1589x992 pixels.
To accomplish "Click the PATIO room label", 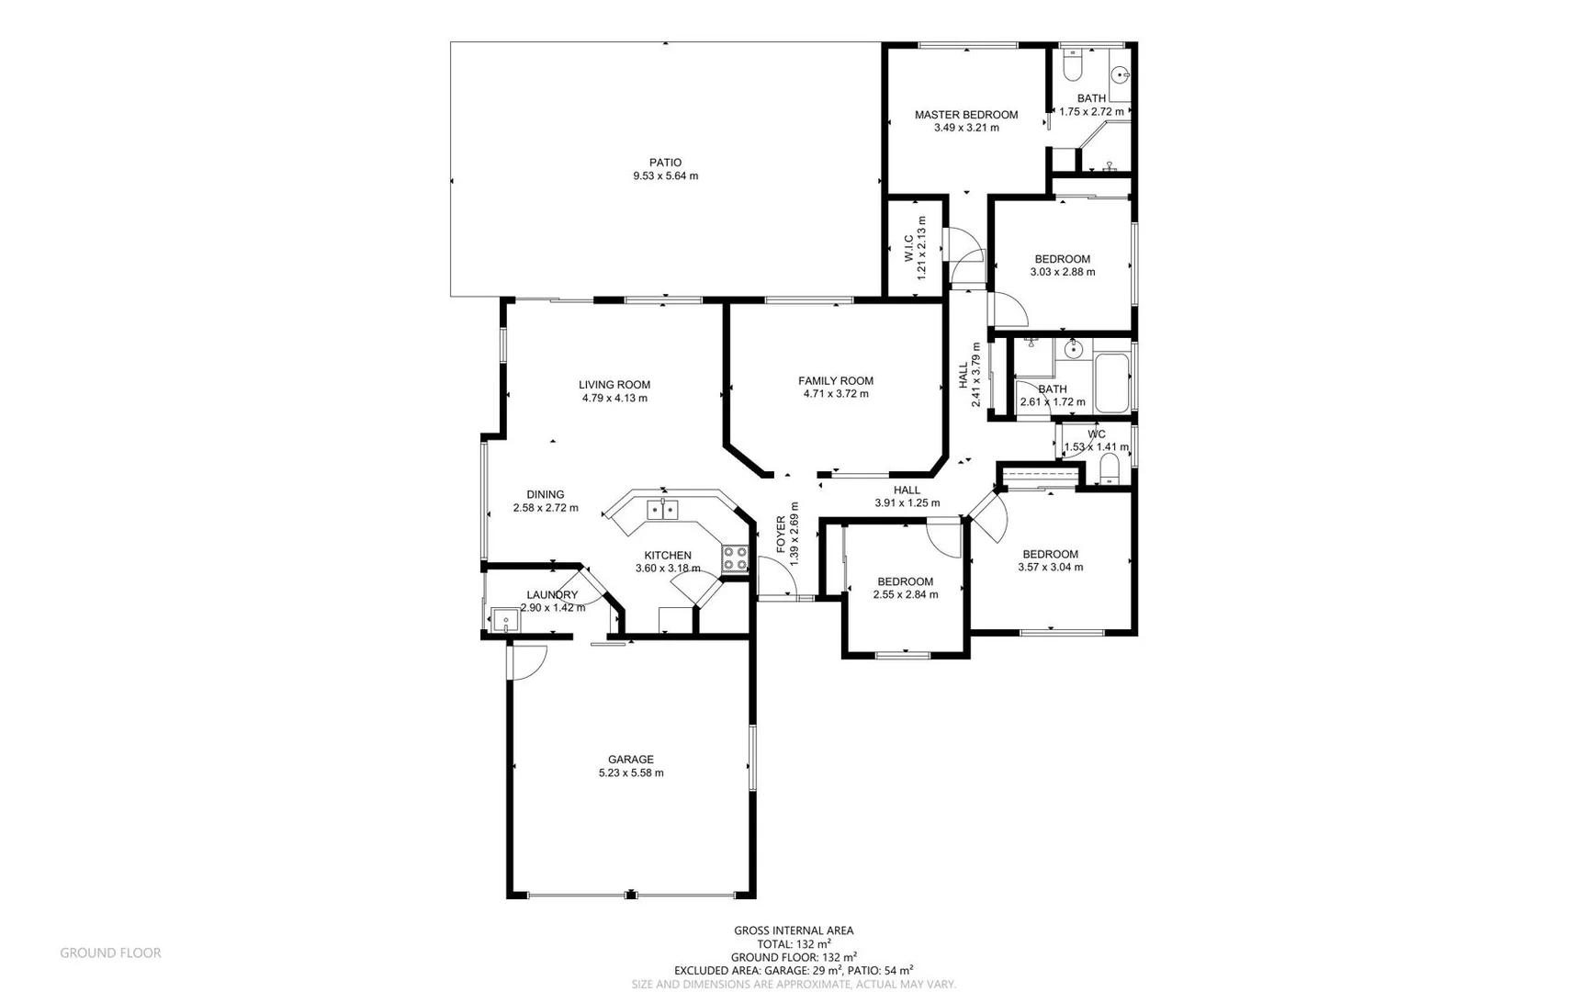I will (x=665, y=163).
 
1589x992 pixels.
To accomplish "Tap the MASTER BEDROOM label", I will (x=966, y=115).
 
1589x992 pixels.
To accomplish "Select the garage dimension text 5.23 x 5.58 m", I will (x=631, y=773).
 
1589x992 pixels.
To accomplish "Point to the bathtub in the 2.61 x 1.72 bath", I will (x=1112, y=382).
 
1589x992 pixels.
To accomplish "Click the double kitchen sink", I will (x=662, y=509).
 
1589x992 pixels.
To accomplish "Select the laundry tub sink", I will (x=505, y=620).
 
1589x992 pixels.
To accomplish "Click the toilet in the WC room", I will (x=1110, y=469).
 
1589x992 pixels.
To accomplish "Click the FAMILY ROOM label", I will (x=836, y=380).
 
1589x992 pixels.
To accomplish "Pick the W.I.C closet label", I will (x=908, y=247).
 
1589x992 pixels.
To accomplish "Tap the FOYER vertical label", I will (x=782, y=534).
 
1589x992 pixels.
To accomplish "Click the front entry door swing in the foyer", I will (x=777, y=579).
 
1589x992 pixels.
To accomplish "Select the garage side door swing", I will (x=529, y=661).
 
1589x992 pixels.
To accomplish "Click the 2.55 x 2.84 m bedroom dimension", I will (x=906, y=594).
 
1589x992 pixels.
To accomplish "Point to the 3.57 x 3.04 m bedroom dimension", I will (x=1051, y=567).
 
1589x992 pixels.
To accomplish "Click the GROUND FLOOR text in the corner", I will (x=110, y=953).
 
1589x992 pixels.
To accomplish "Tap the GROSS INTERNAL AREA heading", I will (x=794, y=930).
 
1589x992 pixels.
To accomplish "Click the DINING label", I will (x=546, y=494).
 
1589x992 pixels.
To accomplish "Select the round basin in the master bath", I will (x=1120, y=75).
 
